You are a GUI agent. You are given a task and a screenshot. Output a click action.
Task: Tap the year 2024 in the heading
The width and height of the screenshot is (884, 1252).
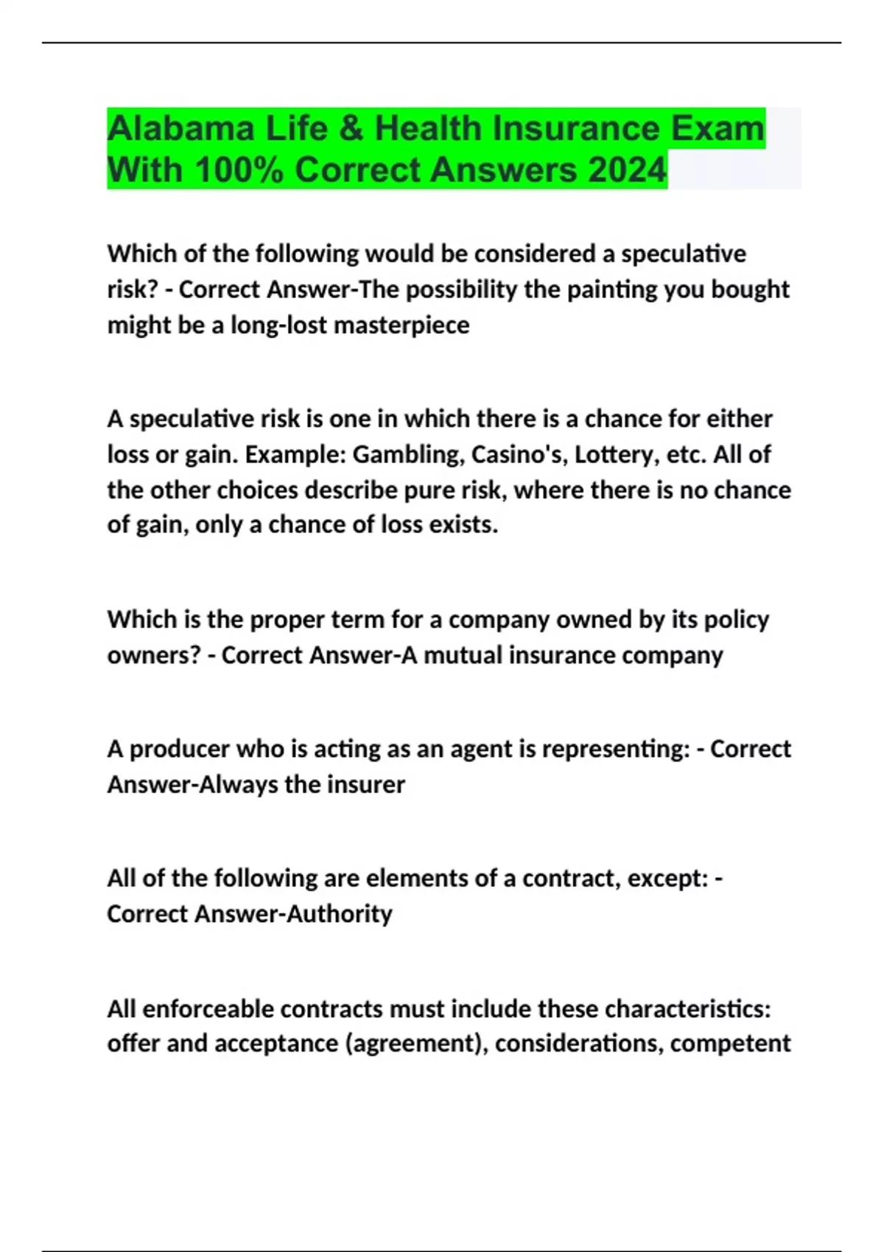(627, 170)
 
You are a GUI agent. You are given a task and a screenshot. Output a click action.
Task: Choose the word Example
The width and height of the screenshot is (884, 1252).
(295, 454)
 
